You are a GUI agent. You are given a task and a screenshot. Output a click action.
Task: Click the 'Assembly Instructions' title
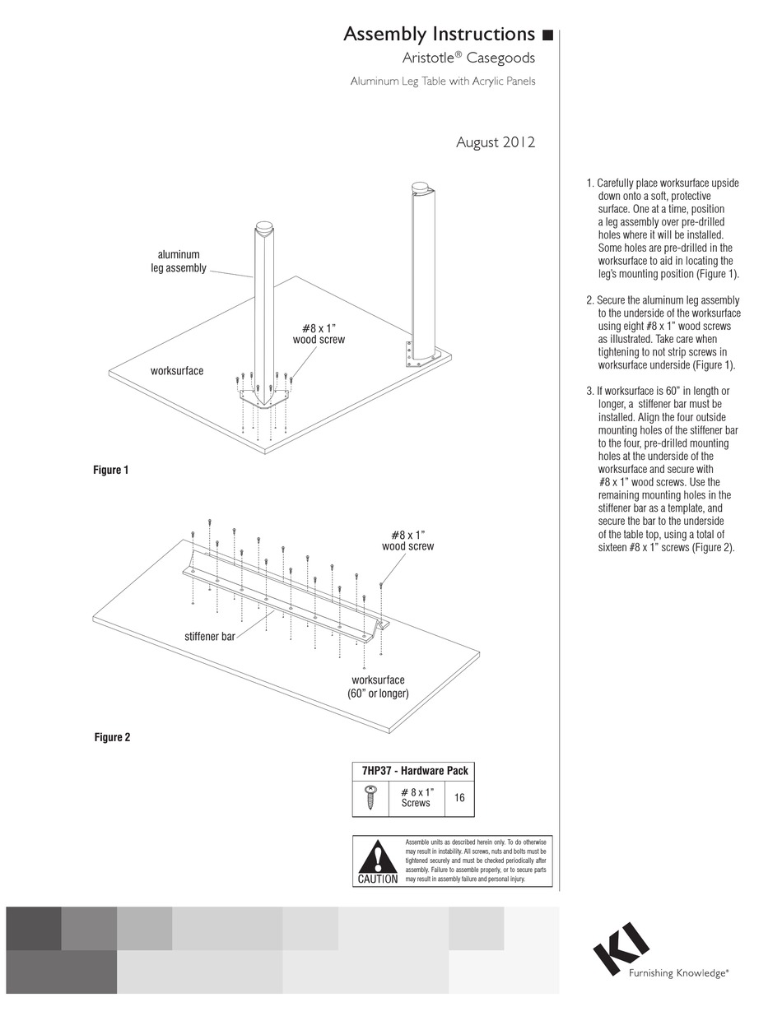coord(439,35)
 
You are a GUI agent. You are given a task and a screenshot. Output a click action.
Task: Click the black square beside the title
coord(547,35)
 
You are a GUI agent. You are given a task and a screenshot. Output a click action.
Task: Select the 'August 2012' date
coord(496,142)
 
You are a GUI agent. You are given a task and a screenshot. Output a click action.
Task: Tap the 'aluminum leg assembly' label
coord(178,262)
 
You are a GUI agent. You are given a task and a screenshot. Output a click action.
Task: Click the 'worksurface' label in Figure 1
coord(176,371)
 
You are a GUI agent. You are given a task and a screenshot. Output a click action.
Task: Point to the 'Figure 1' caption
coord(110,471)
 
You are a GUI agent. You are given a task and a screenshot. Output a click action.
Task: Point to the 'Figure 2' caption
coord(112,737)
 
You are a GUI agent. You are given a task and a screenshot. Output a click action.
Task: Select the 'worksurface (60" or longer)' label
coord(378,687)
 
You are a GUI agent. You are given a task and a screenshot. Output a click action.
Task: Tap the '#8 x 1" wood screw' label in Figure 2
coord(407,540)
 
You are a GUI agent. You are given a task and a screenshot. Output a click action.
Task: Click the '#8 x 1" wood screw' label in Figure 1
coord(319,333)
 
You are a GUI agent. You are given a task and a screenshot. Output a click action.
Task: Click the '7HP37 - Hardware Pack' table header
coord(414,771)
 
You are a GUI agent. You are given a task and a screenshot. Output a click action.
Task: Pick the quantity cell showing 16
coord(459,798)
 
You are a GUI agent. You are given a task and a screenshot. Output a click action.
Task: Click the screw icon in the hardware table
coord(370,797)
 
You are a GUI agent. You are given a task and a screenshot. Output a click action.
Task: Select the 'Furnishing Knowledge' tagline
coord(678,973)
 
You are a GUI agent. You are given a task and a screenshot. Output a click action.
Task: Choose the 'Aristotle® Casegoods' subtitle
coord(468,58)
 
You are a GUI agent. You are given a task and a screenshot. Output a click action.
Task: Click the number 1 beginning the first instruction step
coord(589,183)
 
